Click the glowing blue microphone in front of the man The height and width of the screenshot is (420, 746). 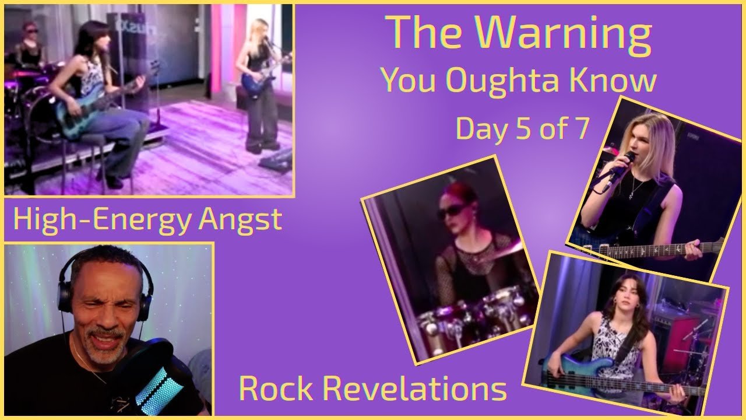[x=160, y=387]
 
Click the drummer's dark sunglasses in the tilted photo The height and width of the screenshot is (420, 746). [x=452, y=212]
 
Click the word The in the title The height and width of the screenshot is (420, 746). [x=430, y=33]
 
